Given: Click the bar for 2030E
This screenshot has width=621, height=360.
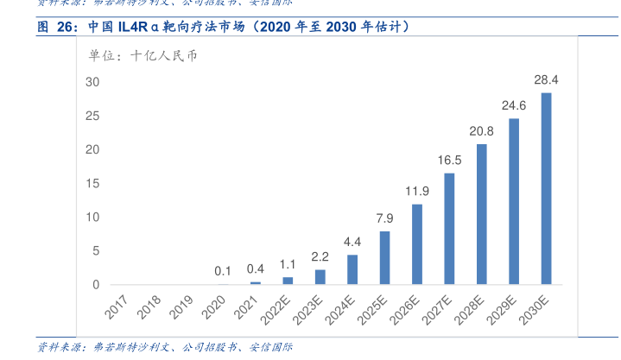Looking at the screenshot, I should (x=546, y=188).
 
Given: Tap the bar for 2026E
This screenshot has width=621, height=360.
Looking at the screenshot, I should (x=417, y=244).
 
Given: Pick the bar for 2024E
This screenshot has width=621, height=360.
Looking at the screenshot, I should (x=352, y=269).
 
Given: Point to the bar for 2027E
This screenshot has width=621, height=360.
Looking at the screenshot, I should (x=449, y=229).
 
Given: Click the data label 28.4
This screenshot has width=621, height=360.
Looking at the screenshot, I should (x=546, y=80).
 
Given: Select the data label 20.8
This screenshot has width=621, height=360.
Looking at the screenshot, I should (x=481, y=132).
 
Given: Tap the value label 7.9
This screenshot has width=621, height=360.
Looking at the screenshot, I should (x=384, y=218).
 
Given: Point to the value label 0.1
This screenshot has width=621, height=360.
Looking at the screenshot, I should (x=223, y=271).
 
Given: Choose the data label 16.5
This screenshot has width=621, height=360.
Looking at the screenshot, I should (x=449, y=161).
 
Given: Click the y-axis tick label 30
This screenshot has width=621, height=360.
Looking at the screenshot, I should (x=92, y=82).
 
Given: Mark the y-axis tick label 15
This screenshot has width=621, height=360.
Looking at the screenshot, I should (x=92, y=183).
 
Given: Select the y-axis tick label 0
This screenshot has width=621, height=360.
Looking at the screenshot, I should (x=96, y=285).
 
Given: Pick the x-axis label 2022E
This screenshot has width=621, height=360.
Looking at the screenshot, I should (x=277, y=311).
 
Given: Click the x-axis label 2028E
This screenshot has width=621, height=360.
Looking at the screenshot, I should (x=472, y=311).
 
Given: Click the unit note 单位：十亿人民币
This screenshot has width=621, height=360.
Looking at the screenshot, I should (x=143, y=56).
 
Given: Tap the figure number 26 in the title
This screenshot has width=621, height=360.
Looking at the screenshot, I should (x=67, y=28).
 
